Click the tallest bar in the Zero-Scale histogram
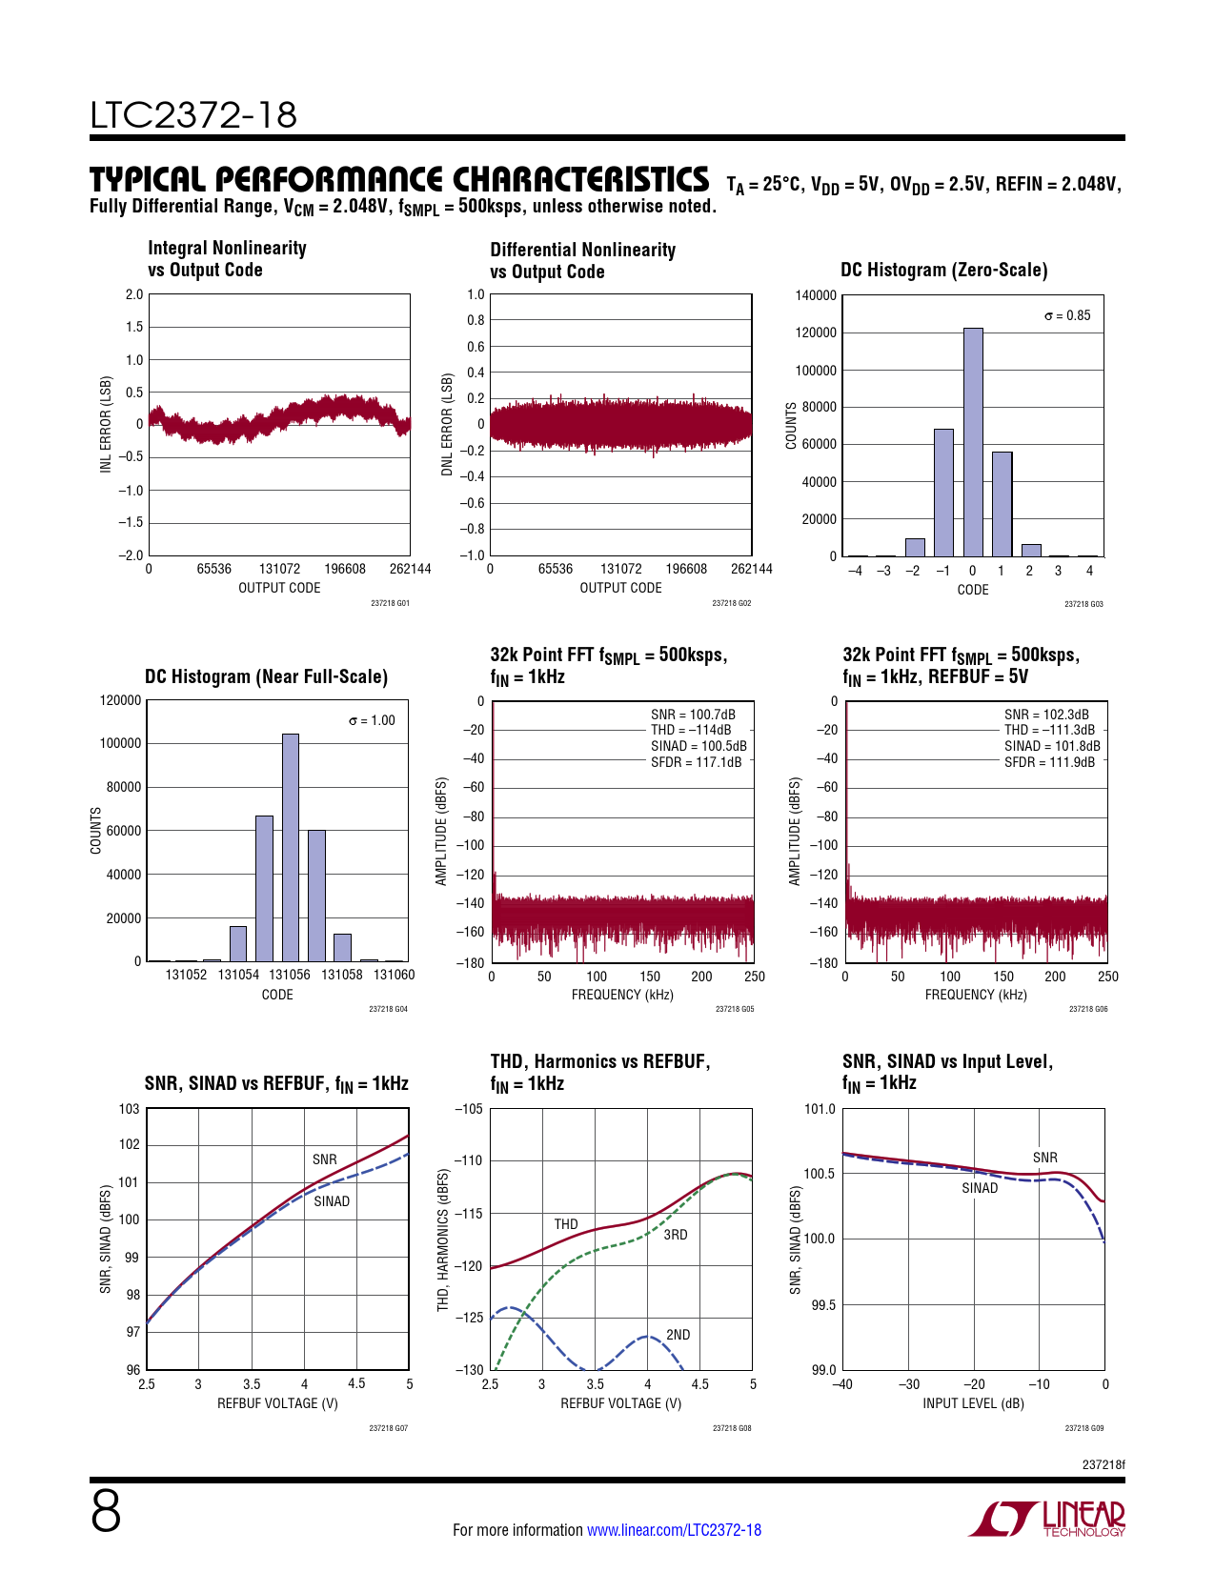click(x=972, y=442)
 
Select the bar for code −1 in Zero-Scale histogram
click(x=943, y=493)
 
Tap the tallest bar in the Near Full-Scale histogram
click(x=291, y=847)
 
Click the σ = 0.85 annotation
click(x=1067, y=315)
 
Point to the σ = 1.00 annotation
click(x=372, y=720)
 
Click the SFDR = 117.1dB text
click(x=696, y=762)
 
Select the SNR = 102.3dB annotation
click(x=1046, y=715)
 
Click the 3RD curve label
click(x=675, y=1235)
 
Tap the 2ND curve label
click(x=678, y=1335)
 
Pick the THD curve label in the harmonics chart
click(x=566, y=1224)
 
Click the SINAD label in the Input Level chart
click(x=980, y=1188)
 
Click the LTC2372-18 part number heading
click(x=193, y=115)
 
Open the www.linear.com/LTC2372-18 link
click(x=674, y=1530)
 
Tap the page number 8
click(x=106, y=1512)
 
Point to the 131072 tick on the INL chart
click(x=279, y=569)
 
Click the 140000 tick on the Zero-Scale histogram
click(x=816, y=295)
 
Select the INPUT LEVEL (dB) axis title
click(x=973, y=1403)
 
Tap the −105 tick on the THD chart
click(x=469, y=1109)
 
